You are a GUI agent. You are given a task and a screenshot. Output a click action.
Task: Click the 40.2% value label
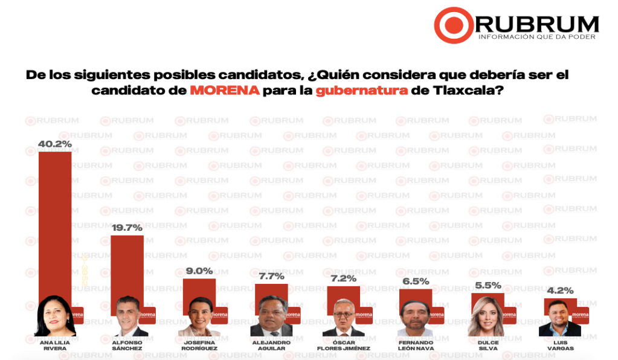(x=55, y=144)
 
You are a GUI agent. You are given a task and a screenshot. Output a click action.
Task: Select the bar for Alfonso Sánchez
(x=127, y=266)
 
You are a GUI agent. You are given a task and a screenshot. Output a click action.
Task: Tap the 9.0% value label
(x=199, y=271)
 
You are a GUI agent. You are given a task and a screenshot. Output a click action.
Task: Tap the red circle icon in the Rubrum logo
(x=453, y=25)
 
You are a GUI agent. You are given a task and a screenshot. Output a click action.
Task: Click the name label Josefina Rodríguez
(x=199, y=346)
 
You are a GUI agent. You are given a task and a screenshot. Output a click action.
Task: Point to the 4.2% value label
(x=560, y=291)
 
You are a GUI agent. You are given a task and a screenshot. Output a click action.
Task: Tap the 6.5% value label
(x=416, y=281)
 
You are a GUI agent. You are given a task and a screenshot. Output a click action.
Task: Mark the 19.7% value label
(x=127, y=228)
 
